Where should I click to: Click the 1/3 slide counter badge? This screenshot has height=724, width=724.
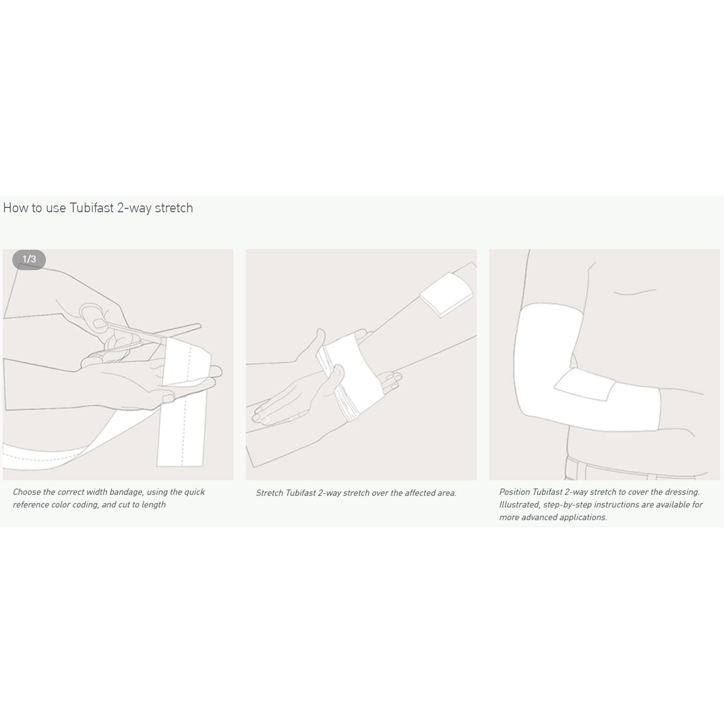point(29,259)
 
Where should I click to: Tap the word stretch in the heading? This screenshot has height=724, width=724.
point(174,208)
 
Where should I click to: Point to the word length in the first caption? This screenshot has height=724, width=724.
point(154,505)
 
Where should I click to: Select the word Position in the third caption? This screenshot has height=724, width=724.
point(515,492)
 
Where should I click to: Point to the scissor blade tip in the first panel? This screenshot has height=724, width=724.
point(200,325)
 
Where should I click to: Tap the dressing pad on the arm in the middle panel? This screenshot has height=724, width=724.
point(446,295)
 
